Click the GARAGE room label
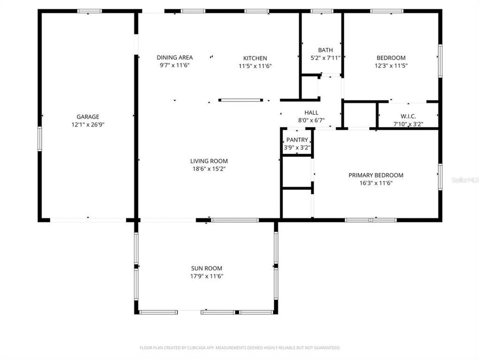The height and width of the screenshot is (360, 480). [x=88, y=116]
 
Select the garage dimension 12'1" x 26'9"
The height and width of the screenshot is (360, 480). [x=88, y=124]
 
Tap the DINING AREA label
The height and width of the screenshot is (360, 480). [x=175, y=57]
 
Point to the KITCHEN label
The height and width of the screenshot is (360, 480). [x=255, y=58]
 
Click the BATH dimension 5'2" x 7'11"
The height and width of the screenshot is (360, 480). [x=325, y=57]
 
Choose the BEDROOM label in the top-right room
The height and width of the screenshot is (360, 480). [x=391, y=58]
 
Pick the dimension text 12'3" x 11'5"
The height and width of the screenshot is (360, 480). [x=391, y=65]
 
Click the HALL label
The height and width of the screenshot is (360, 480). [x=311, y=112]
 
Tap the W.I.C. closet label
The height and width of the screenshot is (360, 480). [x=408, y=116]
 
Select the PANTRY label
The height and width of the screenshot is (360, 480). [x=297, y=140]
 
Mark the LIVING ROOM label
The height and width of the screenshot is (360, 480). [x=209, y=161]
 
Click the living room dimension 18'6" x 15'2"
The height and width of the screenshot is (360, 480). [x=209, y=169]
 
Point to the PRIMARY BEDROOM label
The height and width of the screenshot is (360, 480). [x=376, y=175]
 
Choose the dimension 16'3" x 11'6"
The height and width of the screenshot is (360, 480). [x=376, y=183]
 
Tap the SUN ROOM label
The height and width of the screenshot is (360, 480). [x=207, y=268]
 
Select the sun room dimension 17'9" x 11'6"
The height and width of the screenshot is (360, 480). [x=207, y=276]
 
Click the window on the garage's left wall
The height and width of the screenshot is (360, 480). [x=39, y=139]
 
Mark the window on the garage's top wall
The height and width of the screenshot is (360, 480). [x=89, y=11]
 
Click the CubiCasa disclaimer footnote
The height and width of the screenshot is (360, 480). [x=240, y=347]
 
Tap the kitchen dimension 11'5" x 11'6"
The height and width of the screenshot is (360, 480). [x=255, y=66]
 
